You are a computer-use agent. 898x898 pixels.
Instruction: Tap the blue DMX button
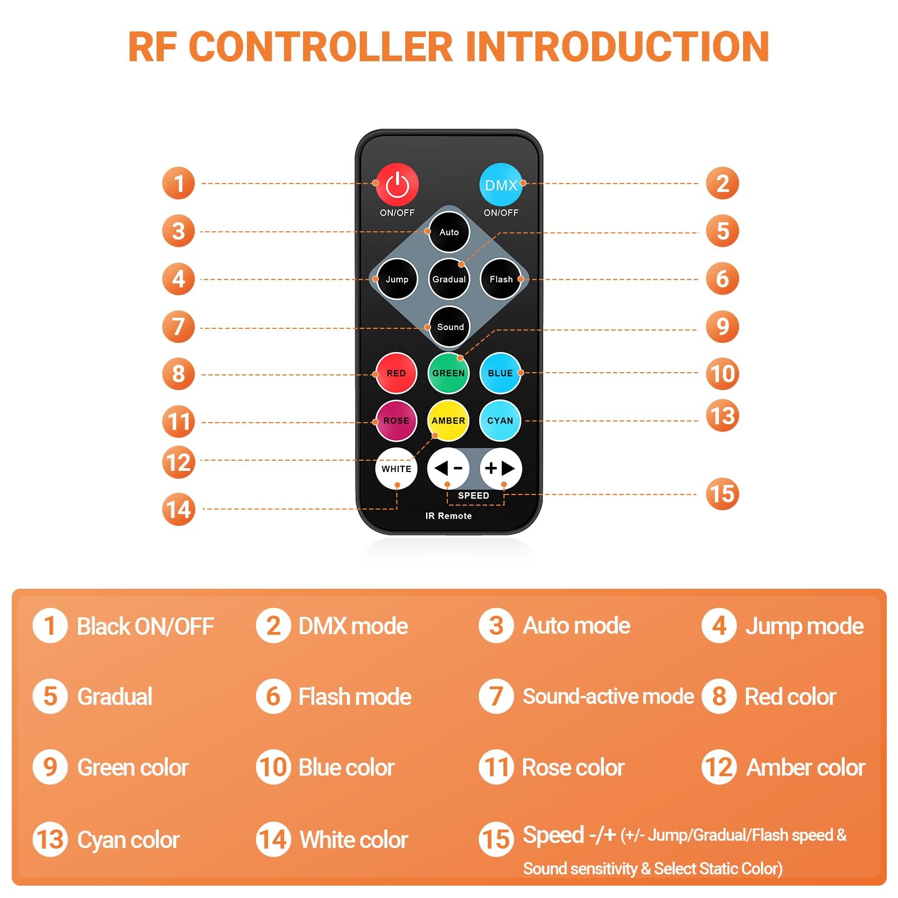click(501, 184)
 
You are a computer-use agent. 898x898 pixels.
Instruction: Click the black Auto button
click(449, 232)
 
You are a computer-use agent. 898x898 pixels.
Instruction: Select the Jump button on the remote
click(397, 279)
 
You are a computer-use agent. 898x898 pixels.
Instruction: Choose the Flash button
click(501, 279)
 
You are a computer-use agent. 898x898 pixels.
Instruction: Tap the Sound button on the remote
click(450, 327)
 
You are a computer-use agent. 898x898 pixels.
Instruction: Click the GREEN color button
click(448, 373)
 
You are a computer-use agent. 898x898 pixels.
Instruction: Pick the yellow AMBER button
click(448, 420)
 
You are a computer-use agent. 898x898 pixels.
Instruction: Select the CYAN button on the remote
click(500, 420)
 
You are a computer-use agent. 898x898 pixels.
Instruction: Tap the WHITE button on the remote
click(396, 469)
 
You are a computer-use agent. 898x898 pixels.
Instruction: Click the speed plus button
click(501, 468)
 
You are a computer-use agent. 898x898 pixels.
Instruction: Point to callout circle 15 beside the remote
click(722, 494)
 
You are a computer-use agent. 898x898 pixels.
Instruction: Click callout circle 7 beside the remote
click(178, 327)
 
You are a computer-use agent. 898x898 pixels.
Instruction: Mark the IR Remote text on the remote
click(448, 516)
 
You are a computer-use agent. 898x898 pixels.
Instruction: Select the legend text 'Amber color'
click(806, 767)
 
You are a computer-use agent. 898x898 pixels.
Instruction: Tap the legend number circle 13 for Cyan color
click(50, 840)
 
